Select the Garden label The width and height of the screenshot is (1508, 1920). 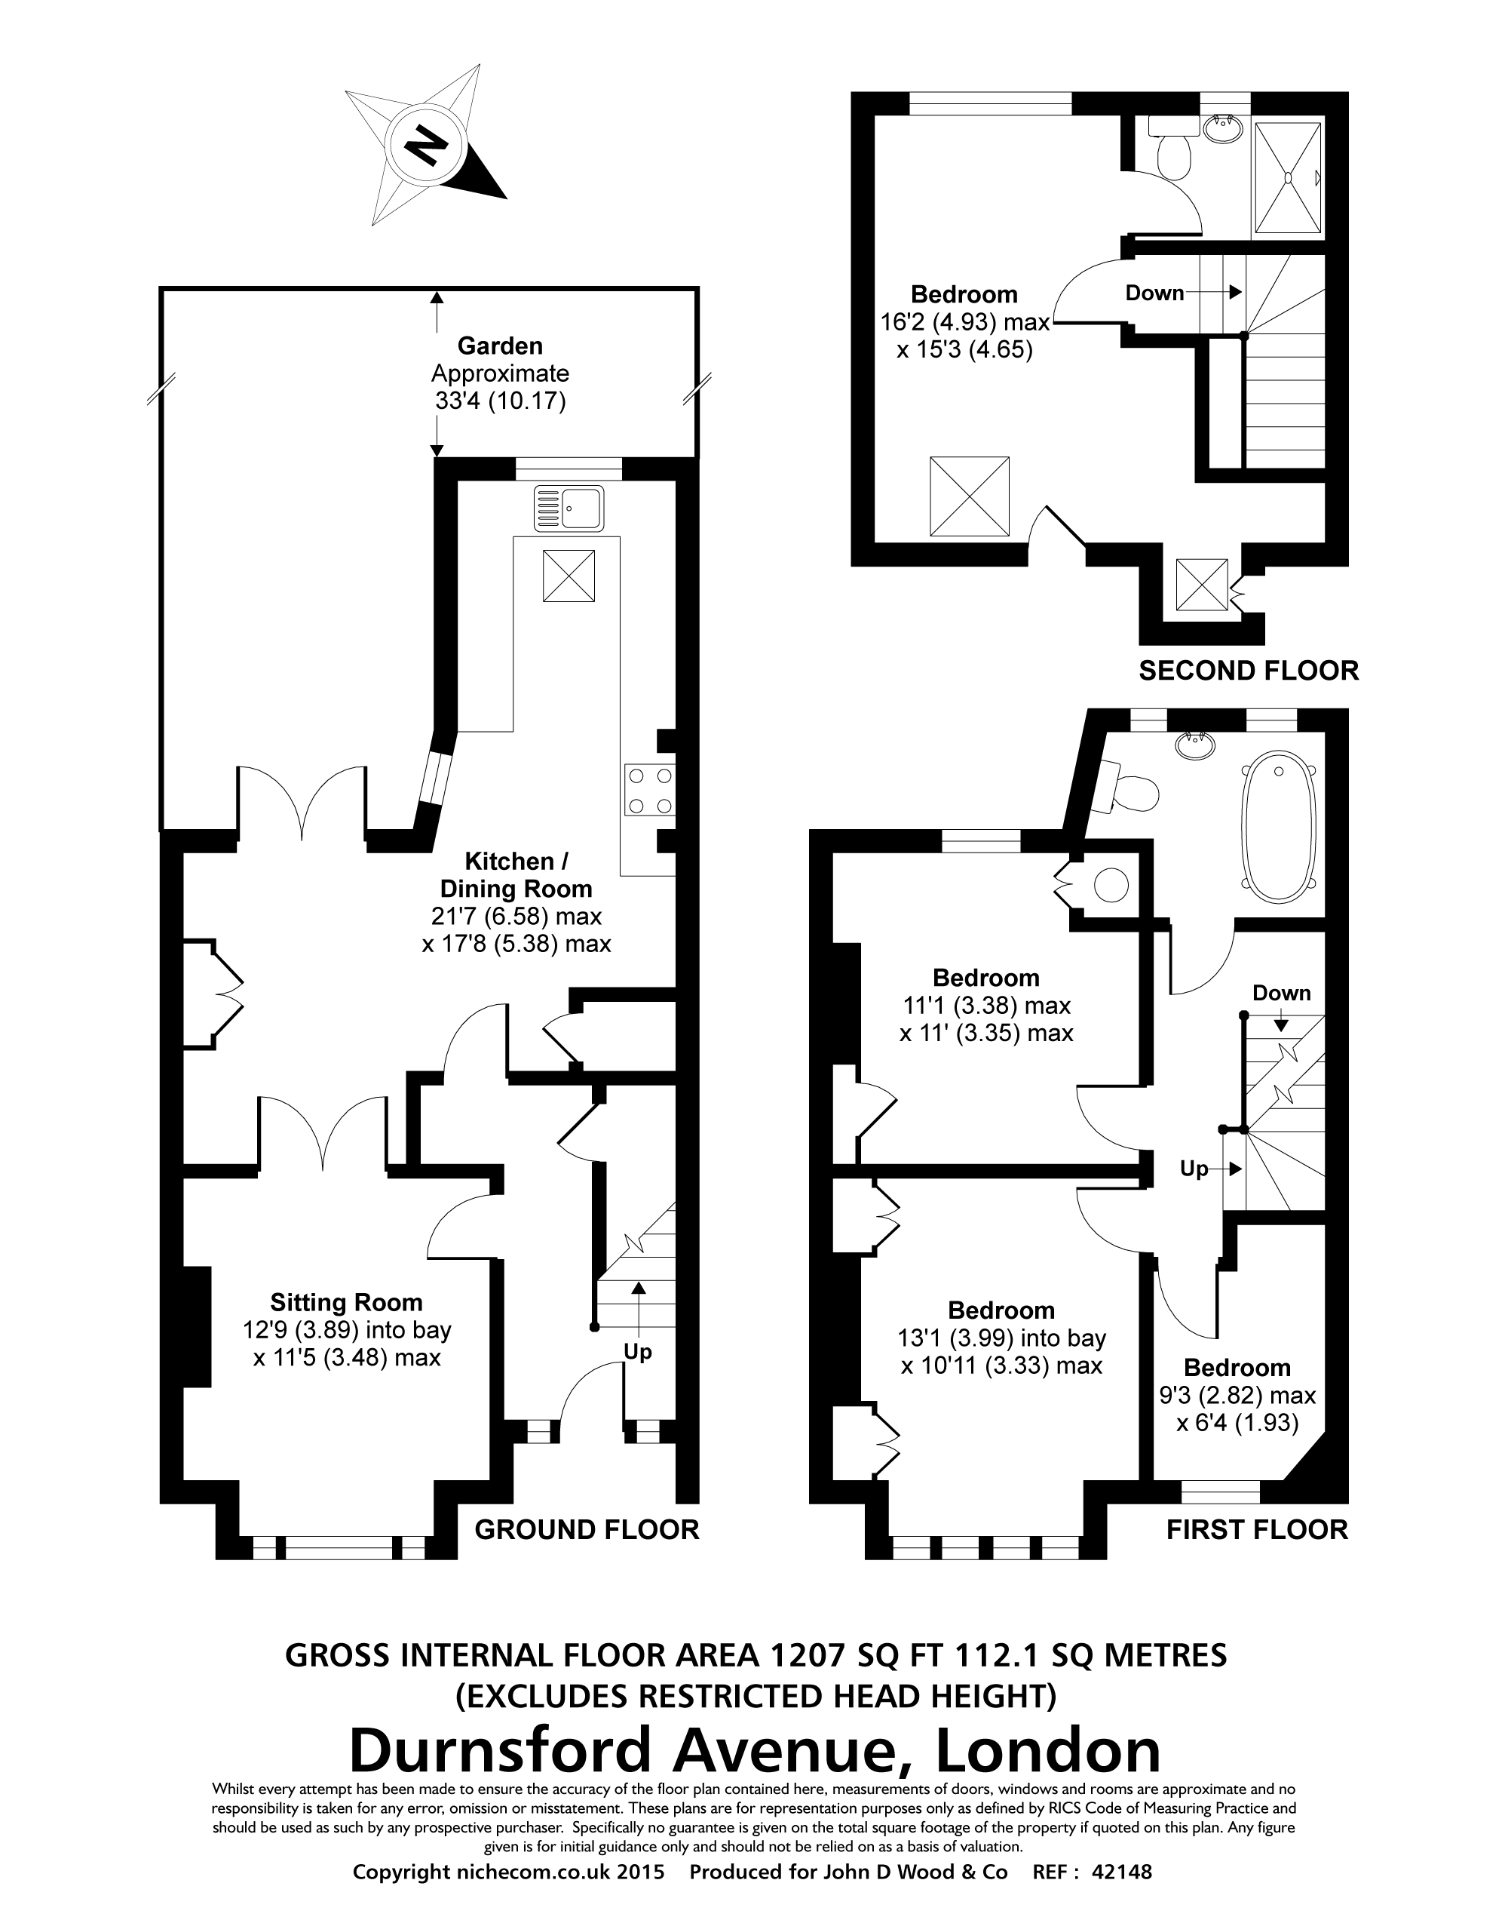point(500,346)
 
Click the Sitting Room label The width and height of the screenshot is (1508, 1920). point(346,1303)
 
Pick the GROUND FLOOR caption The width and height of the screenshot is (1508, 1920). point(587,1528)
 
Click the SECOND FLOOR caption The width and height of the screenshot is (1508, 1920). point(1248,671)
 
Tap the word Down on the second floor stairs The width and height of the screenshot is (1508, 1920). point(1154,293)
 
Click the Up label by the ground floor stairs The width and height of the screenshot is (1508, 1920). point(637,1352)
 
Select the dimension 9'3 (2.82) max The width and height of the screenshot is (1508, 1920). point(1237,1396)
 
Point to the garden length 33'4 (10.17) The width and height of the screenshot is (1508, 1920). point(500,401)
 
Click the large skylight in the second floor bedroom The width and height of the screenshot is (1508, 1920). point(970,496)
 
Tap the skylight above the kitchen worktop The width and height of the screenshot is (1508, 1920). point(569,575)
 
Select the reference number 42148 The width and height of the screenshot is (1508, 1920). point(1122,1872)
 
